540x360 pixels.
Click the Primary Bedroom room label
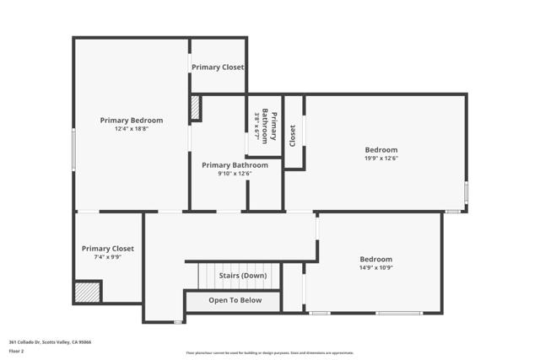tap(131, 121)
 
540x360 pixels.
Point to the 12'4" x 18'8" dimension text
tap(131, 129)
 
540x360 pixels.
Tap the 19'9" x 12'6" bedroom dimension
tap(381, 158)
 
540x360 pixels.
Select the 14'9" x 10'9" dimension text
tap(375, 267)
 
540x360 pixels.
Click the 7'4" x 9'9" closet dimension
tap(107, 257)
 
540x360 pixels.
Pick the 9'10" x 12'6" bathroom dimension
tap(235, 174)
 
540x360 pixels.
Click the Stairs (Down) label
tap(243, 276)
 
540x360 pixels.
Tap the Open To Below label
tap(235, 300)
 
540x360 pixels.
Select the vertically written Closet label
tap(293, 133)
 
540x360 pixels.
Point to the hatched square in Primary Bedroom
tap(195, 108)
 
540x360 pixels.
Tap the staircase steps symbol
tap(207, 276)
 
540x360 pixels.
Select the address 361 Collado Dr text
tap(50, 341)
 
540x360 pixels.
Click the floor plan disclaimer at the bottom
tap(270, 353)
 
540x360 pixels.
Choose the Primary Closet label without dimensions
tap(218, 67)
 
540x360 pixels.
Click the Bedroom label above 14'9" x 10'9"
tap(375, 259)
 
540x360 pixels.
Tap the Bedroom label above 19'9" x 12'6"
tap(381, 149)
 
